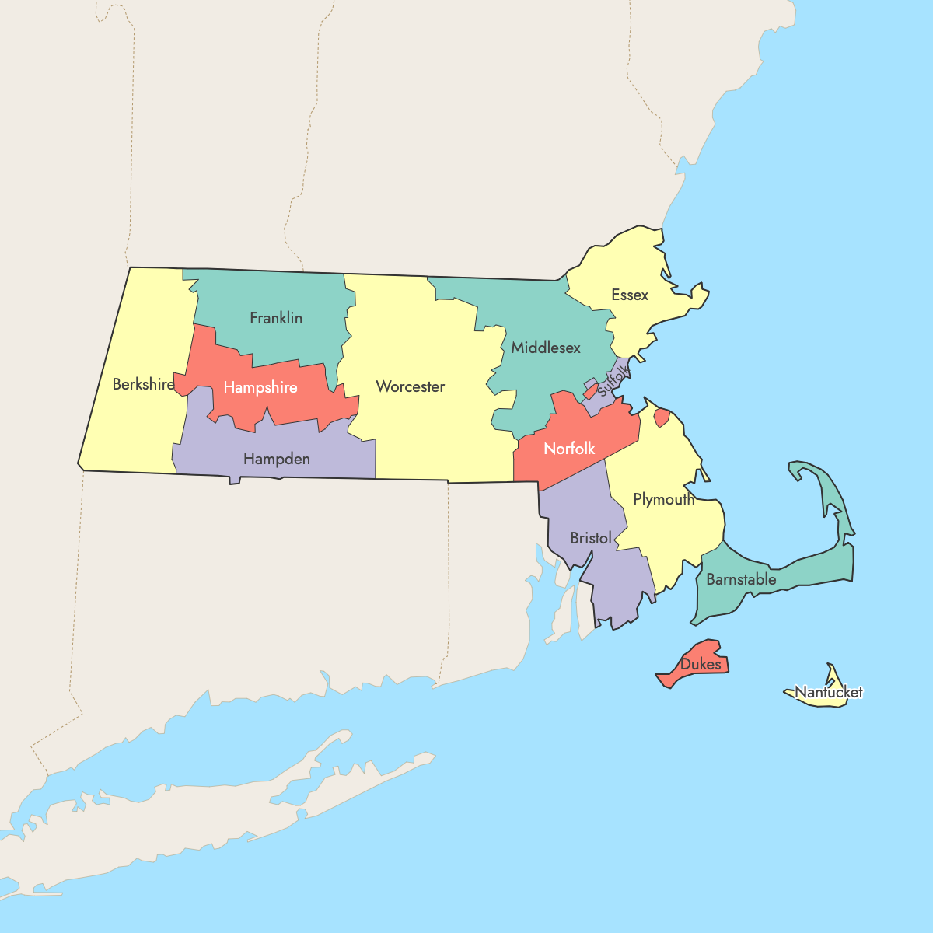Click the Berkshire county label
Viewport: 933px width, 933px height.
point(143,384)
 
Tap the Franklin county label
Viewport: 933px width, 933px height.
point(276,318)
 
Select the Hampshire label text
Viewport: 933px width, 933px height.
point(260,387)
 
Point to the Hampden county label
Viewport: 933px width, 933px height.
point(277,459)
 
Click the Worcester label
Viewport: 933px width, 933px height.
point(411,386)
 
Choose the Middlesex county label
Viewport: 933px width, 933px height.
point(546,348)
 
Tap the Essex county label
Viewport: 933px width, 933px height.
point(630,295)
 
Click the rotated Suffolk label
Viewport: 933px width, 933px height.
point(612,380)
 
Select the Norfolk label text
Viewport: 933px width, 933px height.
point(569,449)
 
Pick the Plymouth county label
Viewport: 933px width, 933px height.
point(664,499)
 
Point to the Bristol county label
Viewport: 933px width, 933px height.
point(591,538)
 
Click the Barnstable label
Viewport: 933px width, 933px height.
point(741,579)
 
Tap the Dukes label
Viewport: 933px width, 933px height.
point(701,665)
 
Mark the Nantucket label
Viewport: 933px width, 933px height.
point(829,692)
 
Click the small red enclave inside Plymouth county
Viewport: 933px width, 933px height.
point(662,418)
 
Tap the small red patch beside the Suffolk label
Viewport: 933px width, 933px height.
point(590,389)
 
